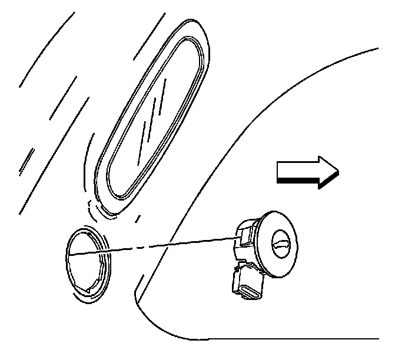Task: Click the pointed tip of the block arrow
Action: (x=337, y=171)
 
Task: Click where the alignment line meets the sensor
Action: (x=237, y=236)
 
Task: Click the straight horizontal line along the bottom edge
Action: (x=294, y=339)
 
